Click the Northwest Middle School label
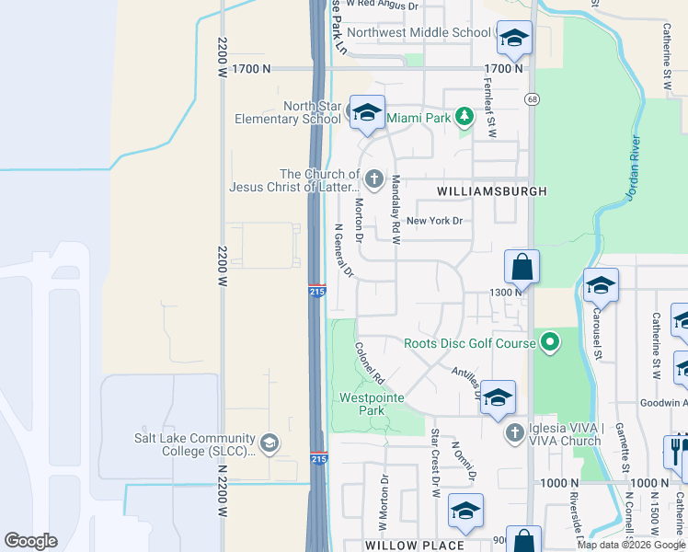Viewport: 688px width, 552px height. tap(419, 32)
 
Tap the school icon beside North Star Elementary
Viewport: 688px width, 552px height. tap(367, 113)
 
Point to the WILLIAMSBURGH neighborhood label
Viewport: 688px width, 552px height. tap(491, 191)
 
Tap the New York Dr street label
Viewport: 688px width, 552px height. tap(434, 221)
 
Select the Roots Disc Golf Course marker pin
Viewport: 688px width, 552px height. tap(550, 343)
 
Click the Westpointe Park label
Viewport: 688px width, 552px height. tap(361, 404)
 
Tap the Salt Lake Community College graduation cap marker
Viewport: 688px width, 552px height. tap(269, 443)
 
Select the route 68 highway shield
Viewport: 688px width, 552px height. tap(532, 98)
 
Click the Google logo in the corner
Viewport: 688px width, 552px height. tap(31, 541)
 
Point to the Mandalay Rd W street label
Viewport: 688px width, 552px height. tap(396, 210)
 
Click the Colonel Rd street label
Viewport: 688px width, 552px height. tap(368, 364)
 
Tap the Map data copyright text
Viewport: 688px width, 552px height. tap(631, 545)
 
